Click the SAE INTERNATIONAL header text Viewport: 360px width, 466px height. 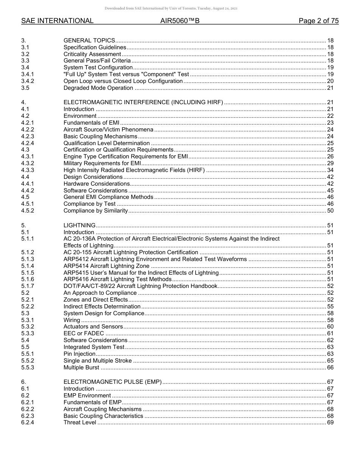point(57,21)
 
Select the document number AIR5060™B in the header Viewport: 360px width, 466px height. point(180,21)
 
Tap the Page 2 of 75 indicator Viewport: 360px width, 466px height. point(318,21)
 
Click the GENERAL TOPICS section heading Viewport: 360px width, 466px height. point(89,41)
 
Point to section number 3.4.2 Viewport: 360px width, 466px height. point(28,81)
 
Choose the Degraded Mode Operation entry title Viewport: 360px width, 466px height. point(98,88)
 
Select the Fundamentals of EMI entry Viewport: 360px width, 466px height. point(91,123)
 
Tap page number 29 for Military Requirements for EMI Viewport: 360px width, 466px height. point(330,163)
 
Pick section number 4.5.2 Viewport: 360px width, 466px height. point(28,211)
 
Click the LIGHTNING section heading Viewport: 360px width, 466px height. point(79,225)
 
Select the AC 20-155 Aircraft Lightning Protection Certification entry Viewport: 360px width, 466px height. point(131,252)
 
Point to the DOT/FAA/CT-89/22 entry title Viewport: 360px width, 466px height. point(140,286)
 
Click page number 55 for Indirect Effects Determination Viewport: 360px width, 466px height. point(330,306)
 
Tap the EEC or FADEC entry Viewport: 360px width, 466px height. point(83,333)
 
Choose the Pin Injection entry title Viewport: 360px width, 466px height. point(79,354)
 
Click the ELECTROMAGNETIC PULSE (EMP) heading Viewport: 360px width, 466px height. point(113,382)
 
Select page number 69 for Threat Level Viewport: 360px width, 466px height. point(330,422)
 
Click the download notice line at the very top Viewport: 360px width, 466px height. point(171,8)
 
